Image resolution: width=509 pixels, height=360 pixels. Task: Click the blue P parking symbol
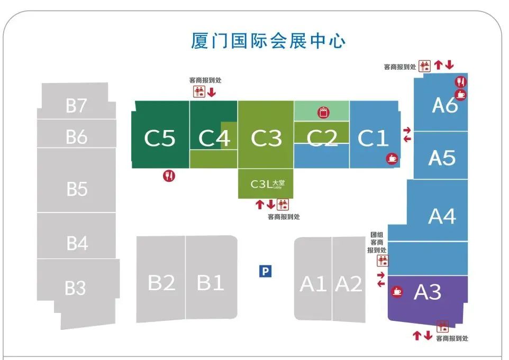pos(265,272)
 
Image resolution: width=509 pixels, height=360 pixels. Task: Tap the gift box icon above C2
pos(323,112)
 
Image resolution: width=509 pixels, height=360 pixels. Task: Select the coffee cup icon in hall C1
pos(392,158)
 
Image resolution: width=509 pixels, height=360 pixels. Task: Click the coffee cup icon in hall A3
pos(397,291)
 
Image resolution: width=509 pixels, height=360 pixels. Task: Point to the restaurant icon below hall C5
pos(169,176)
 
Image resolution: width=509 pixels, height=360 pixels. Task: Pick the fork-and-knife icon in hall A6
pos(461,82)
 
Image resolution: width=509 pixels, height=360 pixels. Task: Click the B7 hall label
pos(76,106)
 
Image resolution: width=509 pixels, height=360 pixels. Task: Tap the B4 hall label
pos(77,244)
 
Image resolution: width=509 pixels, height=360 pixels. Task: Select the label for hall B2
pos(161,283)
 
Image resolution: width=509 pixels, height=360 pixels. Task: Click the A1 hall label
pos(313,284)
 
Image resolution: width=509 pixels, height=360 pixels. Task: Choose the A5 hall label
pos(441,158)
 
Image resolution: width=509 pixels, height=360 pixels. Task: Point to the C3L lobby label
pos(267,184)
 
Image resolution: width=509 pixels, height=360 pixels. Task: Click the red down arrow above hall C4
pos(212,93)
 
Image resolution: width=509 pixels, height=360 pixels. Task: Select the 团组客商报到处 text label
pos(378,242)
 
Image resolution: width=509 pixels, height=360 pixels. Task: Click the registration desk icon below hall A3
pos(442,327)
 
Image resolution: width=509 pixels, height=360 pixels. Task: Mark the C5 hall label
pos(160,139)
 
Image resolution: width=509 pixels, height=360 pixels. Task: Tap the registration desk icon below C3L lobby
pos(283,204)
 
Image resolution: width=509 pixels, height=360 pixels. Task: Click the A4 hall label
pos(442,216)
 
